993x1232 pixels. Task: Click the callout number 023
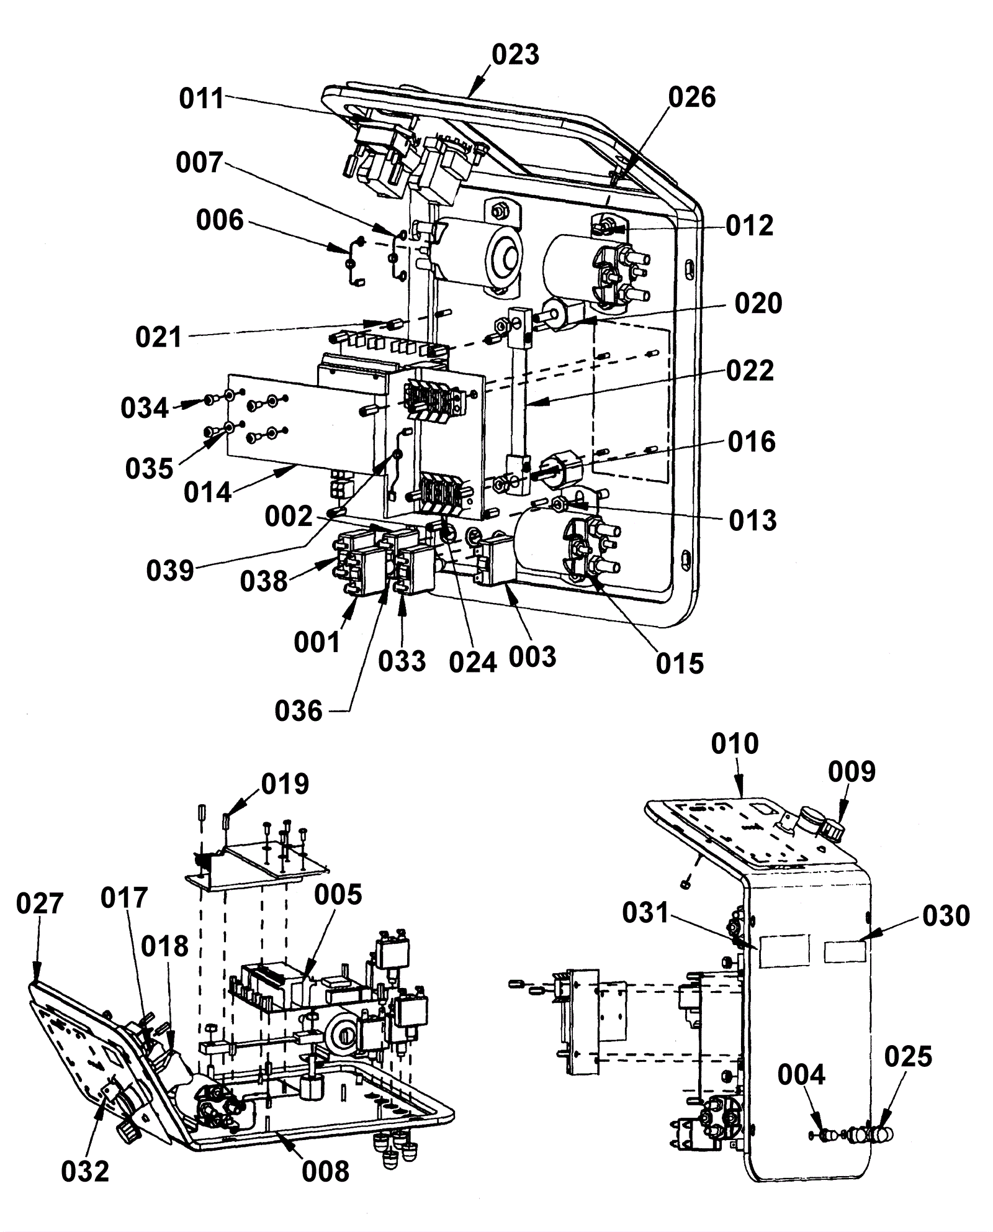click(x=515, y=55)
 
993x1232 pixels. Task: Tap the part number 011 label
click(x=202, y=99)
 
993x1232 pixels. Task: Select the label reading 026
click(x=692, y=97)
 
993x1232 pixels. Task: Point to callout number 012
click(x=750, y=225)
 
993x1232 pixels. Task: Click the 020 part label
click(x=758, y=304)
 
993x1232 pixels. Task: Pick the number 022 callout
click(x=750, y=371)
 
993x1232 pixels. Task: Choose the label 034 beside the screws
click(x=145, y=408)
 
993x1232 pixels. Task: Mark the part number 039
click(x=170, y=570)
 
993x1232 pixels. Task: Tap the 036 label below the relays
click(x=299, y=711)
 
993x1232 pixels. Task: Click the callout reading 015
click(x=680, y=664)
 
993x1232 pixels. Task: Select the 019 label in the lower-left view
click(x=285, y=785)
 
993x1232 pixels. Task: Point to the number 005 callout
click(x=338, y=895)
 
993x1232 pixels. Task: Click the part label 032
click(x=85, y=1172)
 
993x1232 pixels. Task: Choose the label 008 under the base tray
click(x=326, y=1172)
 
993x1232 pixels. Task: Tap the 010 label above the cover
click(x=735, y=743)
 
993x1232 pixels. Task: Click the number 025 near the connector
click(x=908, y=1056)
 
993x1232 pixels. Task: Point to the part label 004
click(x=801, y=1074)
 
